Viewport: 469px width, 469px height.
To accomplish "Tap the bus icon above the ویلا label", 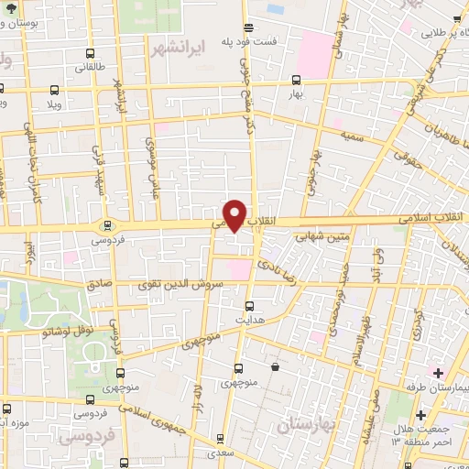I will click(54, 90).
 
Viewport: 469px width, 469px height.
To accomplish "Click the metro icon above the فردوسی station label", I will click(108, 224).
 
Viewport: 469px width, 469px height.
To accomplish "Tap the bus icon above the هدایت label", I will click(250, 306).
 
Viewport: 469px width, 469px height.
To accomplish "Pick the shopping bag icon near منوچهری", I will click(275, 367).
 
